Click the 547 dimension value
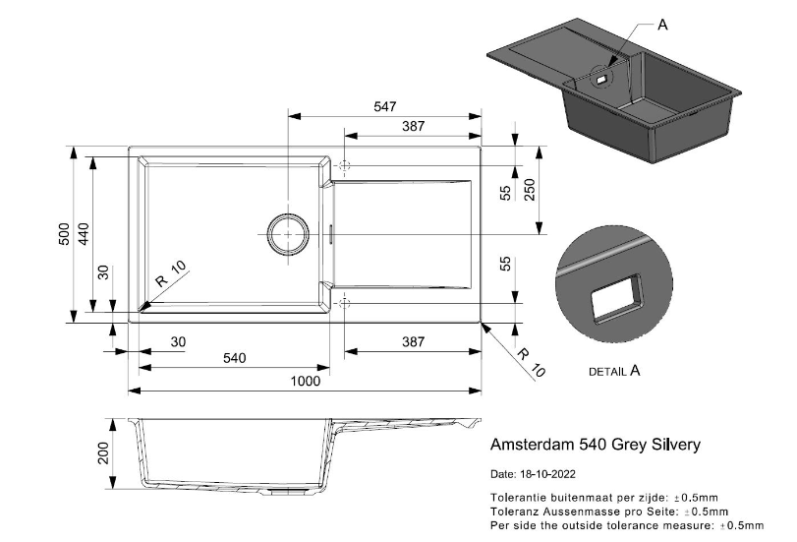point(385,106)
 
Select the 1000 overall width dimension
point(305,382)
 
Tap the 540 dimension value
point(234,358)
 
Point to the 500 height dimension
point(65,234)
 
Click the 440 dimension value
point(84,234)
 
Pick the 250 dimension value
point(529,189)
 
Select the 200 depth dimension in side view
point(103,452)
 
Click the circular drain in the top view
point(288,234)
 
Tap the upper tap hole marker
point(345,165)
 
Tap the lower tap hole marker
point(345,303)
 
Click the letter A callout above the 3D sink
point(662,25)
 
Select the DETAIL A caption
point(614,371)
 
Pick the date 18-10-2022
point(548,474)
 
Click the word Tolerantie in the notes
point(513,497)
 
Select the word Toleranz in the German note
point(512,511)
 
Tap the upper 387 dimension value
point(413,126)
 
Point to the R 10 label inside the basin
point(171,273)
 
